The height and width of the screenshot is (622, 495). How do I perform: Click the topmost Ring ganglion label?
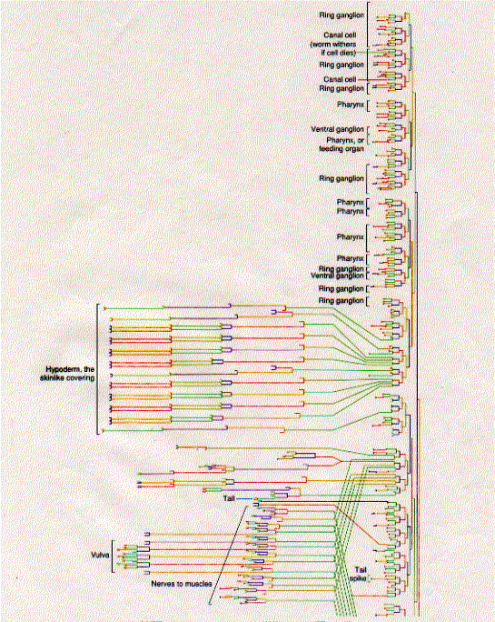point(342,15)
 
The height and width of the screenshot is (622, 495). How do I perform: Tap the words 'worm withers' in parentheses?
point(333,45)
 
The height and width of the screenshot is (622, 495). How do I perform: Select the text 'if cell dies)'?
point(338,53)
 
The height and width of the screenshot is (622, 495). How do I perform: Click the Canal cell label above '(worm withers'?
point(340,35)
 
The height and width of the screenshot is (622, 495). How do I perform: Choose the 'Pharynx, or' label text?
point(345,140)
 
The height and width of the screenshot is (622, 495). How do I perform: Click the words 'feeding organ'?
point(342,149)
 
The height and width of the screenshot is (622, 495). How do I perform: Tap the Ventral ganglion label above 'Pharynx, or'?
point(337,129)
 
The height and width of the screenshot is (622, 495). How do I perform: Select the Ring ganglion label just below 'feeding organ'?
point(342,178)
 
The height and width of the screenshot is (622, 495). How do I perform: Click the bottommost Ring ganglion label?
point(342,301)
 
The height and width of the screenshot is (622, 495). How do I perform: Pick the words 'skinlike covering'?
point(67,377)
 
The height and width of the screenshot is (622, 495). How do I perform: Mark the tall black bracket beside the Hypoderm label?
point(97,369)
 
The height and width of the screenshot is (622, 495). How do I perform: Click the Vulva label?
point(100,555)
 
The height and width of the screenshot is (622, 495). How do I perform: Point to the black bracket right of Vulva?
point(113,557)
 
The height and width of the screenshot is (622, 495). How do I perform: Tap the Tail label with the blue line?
point(229,498)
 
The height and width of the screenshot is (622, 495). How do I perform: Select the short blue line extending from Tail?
point(244,498)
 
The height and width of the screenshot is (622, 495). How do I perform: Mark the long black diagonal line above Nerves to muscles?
point(228,556)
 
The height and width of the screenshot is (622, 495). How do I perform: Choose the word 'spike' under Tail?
point(358,578)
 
